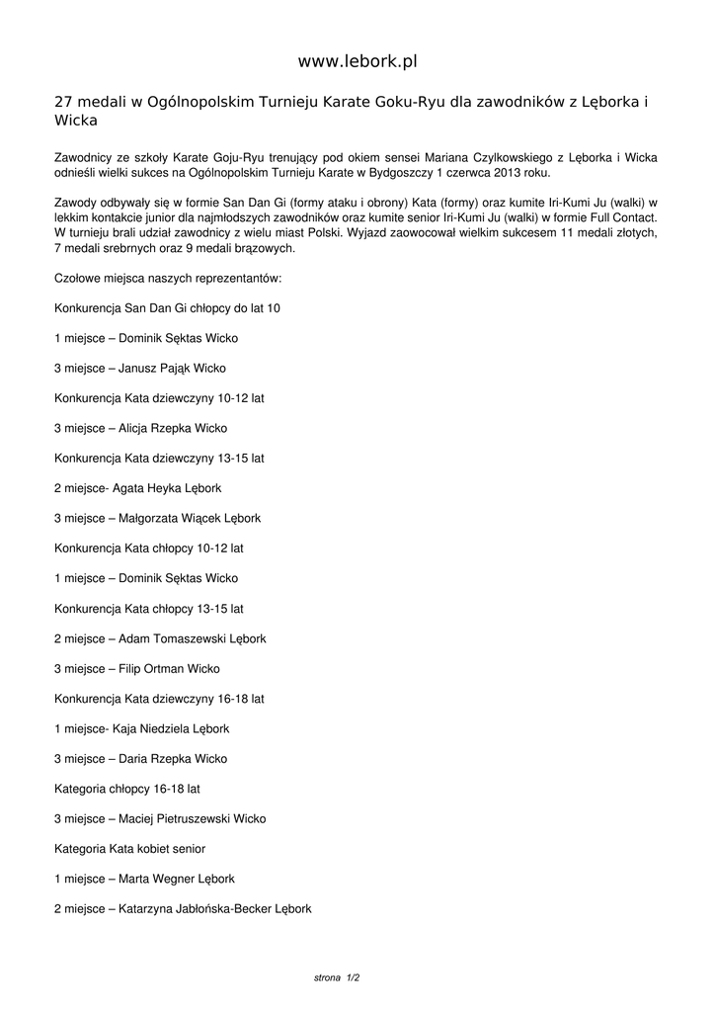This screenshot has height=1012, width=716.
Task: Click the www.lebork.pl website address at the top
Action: tap(358, 61)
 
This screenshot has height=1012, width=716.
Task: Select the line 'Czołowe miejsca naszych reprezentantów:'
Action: tap(168, 278)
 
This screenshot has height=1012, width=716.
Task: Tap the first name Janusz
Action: tap(137, 368)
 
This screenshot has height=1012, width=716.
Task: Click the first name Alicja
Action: tap(134, 428)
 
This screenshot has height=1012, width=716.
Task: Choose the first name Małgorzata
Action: tap(149, 518)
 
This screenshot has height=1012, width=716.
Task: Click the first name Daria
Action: tap(133, 759)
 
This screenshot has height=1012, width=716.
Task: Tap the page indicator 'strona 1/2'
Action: tap(337, 977)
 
